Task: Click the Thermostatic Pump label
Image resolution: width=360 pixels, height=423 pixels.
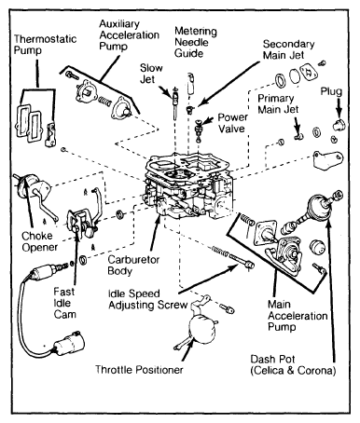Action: (45, 45)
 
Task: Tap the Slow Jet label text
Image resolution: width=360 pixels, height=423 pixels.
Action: (151, 74)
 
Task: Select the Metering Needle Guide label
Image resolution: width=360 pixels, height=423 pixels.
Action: (196, 42)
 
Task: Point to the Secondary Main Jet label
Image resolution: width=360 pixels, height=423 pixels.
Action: (288, 49)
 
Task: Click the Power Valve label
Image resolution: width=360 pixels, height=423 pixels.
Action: (232, 123)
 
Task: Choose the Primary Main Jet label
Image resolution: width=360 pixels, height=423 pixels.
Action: (278, 104)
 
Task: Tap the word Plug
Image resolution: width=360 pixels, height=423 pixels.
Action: (331, 91)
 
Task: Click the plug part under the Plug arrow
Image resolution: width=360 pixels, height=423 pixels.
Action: (339, 125)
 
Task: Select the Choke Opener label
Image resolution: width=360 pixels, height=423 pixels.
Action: (39, 241)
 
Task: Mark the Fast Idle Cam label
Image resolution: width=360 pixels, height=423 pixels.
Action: (64, 303)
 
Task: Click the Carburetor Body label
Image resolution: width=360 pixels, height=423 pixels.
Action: (133, 266)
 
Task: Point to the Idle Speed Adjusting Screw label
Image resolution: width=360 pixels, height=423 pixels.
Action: (147, 299)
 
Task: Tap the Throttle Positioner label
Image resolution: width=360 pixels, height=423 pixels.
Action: (139, 370)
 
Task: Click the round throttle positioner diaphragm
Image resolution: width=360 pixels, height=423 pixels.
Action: (202, 329)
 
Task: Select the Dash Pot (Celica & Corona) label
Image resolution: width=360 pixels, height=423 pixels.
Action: (293, 365)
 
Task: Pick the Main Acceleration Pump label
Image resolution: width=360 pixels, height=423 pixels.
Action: (298, 316)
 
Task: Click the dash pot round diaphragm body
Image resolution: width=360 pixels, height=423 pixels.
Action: (319, 206)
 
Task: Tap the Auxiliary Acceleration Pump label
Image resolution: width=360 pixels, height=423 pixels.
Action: (129, 35)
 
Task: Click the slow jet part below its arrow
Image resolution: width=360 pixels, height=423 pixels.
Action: (175, 102)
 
